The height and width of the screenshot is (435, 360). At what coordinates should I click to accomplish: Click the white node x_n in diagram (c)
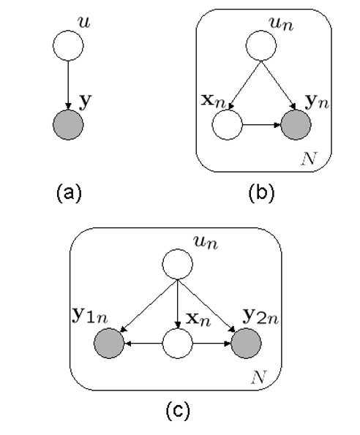coord(176,341)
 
